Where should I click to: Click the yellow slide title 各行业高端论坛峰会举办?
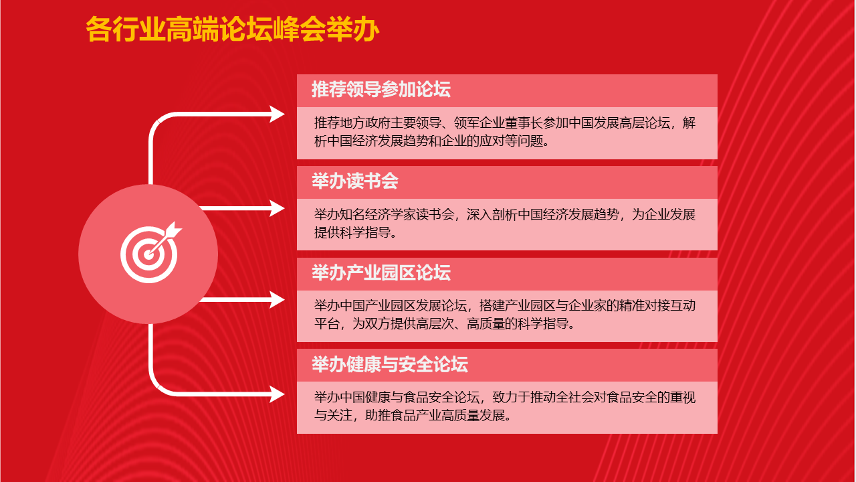[x=232, y=29]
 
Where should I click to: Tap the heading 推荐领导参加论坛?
[x=381, y=90]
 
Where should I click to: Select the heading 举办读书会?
[x=355, y=181]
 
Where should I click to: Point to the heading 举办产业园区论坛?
[x=381, y=272]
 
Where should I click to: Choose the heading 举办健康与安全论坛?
[x=390, y=364]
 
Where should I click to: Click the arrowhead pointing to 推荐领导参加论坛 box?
[x=277, y=114]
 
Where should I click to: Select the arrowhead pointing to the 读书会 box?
[x=277, y=208]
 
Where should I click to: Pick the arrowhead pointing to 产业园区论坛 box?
[x=277, y=299]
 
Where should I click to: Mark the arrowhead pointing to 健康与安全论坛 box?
[x=277, y=394]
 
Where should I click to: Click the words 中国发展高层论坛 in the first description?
[x=619, y=123]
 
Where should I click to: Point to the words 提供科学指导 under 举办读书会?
[x=352, y=232]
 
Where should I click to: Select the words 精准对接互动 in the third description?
[x=657, y=306]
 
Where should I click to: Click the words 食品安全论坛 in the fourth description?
[x=441, y=398]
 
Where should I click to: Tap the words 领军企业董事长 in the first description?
[x=498, y=123]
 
